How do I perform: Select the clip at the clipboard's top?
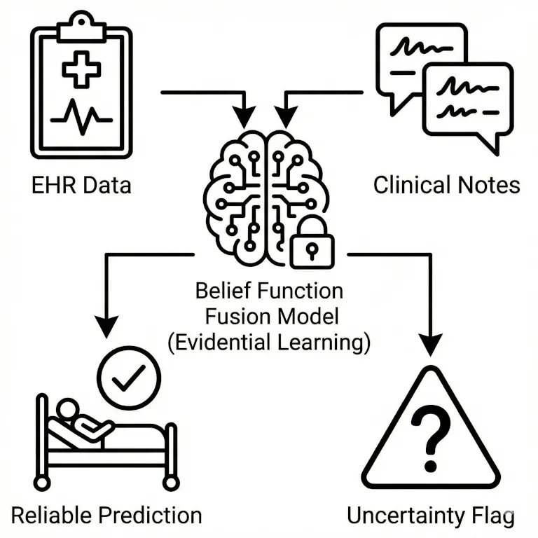pos(82,27)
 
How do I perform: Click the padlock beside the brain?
pos(312,242)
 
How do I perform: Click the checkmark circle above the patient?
pos(130,378)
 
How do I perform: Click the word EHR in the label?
pos(53,186)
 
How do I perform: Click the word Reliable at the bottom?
pos(52,516)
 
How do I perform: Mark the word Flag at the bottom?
pos(492,516)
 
